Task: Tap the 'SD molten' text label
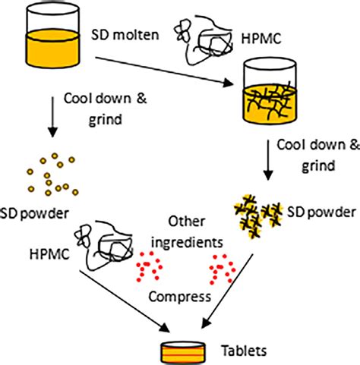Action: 122,34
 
